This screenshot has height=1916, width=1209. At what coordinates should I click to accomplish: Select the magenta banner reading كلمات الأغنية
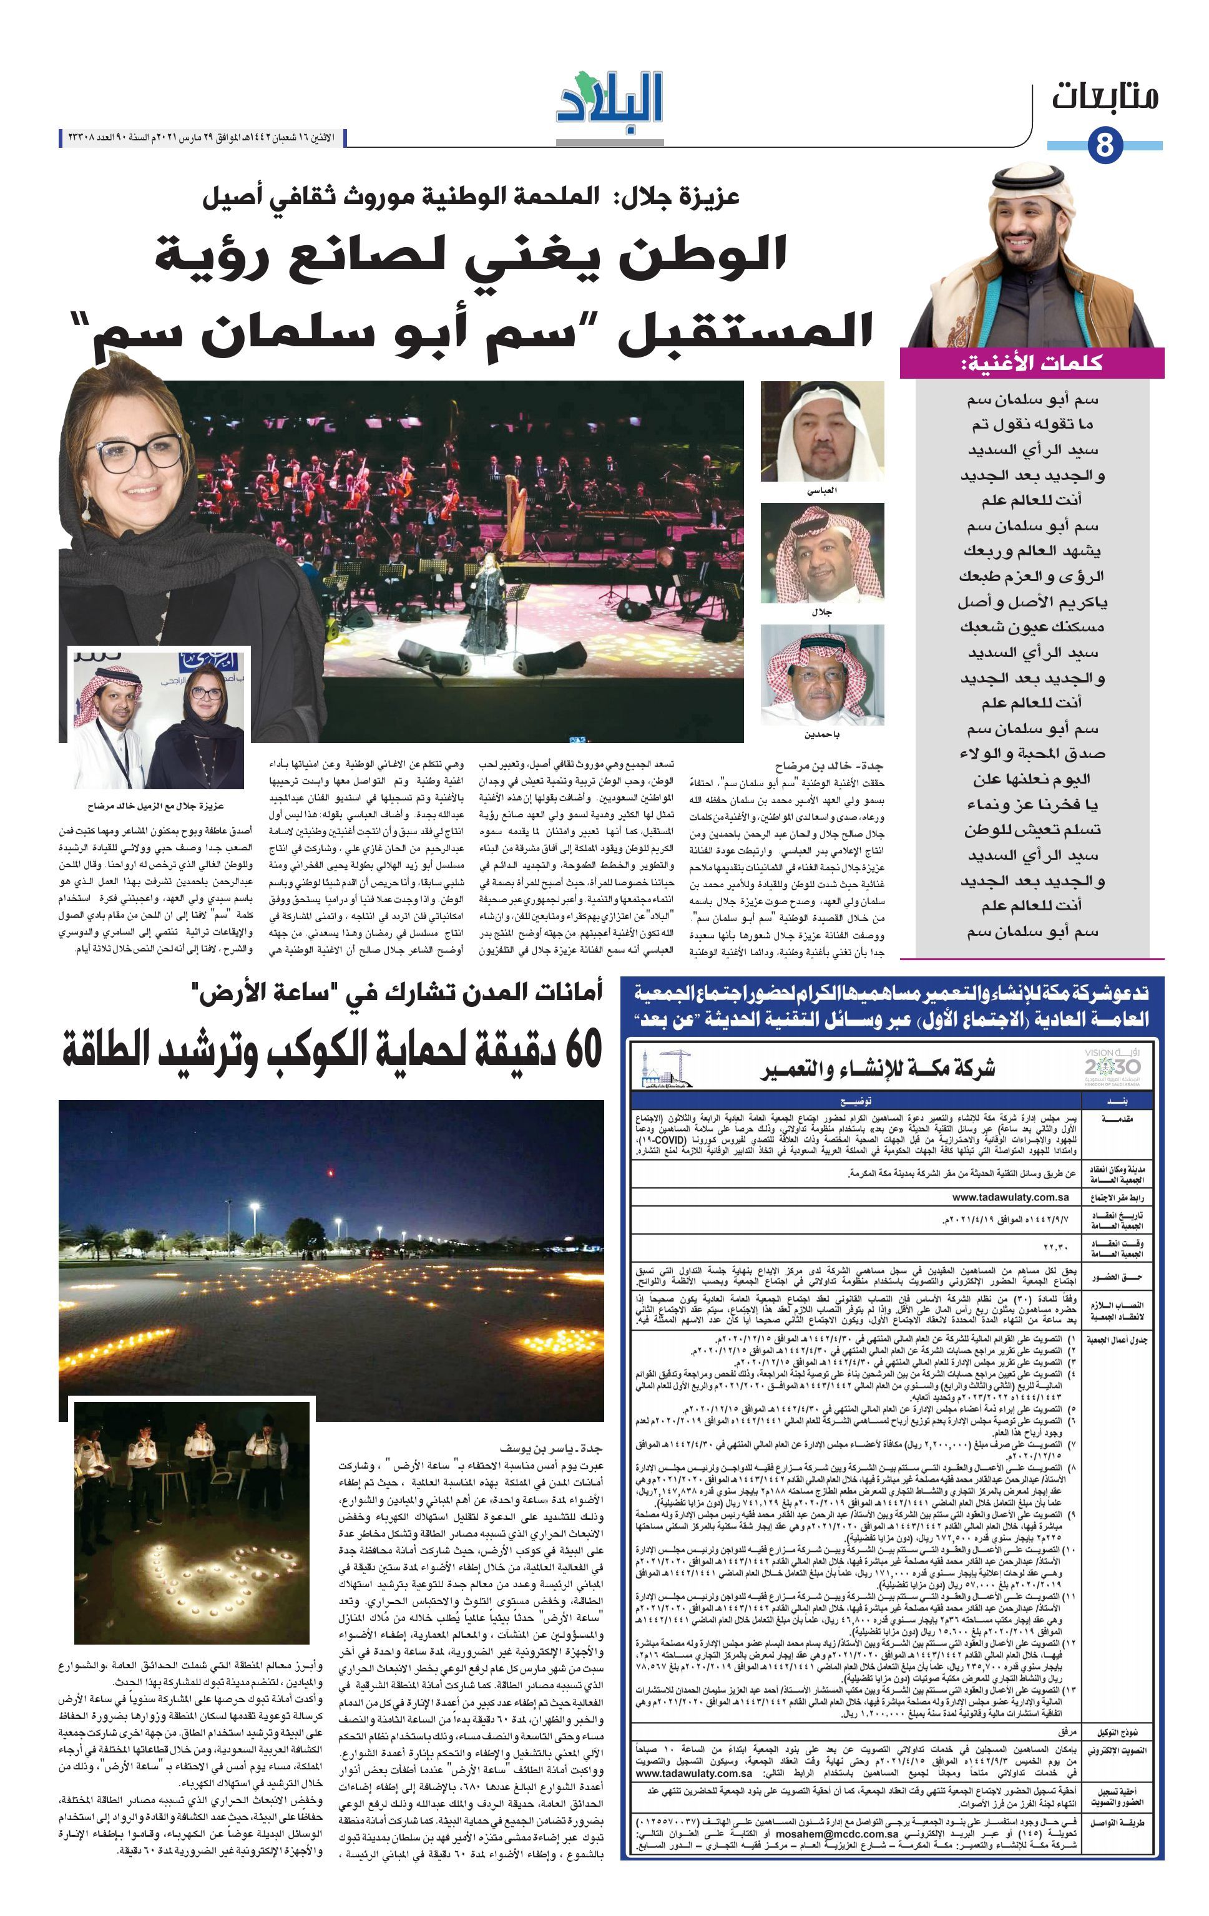pos(1032,363)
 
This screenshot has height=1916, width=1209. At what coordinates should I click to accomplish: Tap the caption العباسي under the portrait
pos(821,490)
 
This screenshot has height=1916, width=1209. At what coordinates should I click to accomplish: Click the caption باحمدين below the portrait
pos(821,734)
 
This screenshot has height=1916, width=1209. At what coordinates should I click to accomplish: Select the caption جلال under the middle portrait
pos(821,612)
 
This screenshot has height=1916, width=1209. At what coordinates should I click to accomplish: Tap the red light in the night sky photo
pos(331,1172)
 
